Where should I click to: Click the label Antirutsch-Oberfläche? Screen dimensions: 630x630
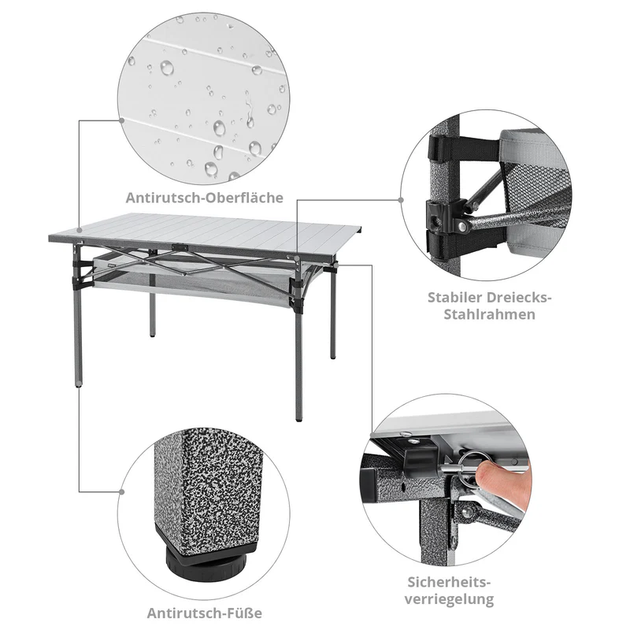pos(204,197)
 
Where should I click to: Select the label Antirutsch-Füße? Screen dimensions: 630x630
pos(204,612)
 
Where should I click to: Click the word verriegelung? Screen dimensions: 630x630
pos(451,599)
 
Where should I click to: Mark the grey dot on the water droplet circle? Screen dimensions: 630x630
pos(121,120)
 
